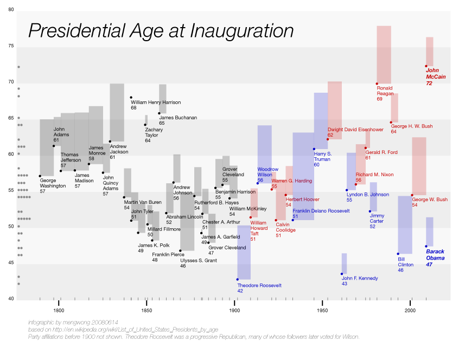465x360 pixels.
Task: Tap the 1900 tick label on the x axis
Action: pyautogui.click(x=234, y=311)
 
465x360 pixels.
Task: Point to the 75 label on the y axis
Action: pyautogui.click(x=11, y=46)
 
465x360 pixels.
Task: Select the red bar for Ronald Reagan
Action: pyautogui.click(x=384, y=54)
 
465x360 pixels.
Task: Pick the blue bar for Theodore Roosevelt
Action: pyautogui.click(x=244, y=252)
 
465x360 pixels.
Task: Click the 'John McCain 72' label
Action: pyautogui.click(x=436, y=77)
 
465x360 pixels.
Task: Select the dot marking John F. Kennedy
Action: pyautogui.click(x=342, y=274)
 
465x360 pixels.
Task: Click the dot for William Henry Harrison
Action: pyautogui.click(x=131, y=98)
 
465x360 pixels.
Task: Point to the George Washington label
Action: pyautogui.click(x=52, y=186)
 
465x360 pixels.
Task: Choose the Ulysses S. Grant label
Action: pyautogui.click(x=199, y=263)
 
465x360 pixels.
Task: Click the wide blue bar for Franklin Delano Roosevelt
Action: pyautogui.click(x=303, y=176)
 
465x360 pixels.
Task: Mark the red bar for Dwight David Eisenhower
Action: pyautogui.click(x=334, y=110)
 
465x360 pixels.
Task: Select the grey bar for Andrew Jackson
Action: pyautogui.click(x=117, y=112)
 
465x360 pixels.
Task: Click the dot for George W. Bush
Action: pyautogui.click(x=412, y=195)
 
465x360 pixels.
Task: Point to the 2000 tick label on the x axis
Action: pyautogui.click(x=410, y=311)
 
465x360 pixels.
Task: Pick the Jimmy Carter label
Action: pyautogui.click(x=377, y=221)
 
